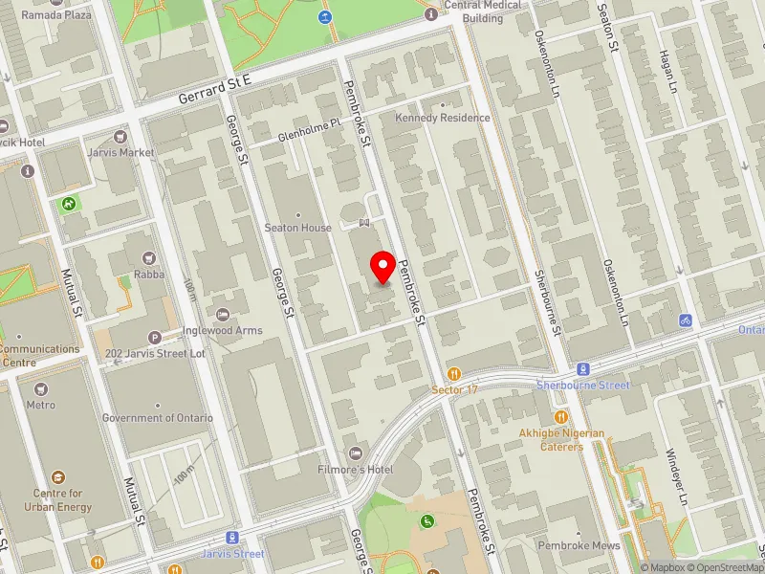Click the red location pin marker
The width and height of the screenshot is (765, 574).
[x=383, y=267]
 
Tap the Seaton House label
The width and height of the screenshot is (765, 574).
[x=298, y=228]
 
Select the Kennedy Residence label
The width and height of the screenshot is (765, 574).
[x=443, y=118]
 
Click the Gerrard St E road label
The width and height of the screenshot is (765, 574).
[x=214, y=93]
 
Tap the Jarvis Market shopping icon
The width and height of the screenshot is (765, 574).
[x=120, y=137]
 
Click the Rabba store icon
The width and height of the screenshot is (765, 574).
[x=148, y=258]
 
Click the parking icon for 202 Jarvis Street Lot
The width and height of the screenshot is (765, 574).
[x=155, y=338]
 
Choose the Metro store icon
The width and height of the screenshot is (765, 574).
[x=40, y=389]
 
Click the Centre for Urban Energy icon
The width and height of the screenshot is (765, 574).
[x=59, y=477]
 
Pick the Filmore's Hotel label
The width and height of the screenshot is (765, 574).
[x=356, y=470]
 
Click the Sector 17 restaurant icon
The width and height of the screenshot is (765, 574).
[x=454, y=374]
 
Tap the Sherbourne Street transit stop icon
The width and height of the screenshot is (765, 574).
[x=582, y=369]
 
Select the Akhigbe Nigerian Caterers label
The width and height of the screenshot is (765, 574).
[x=563, y=439]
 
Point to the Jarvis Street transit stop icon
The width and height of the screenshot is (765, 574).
[x=231, y=538]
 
